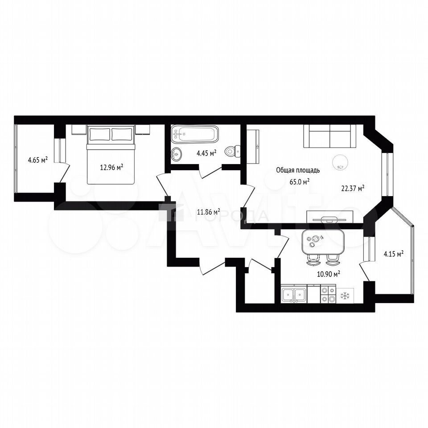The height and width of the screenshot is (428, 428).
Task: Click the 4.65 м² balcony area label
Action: (x=38, y=160)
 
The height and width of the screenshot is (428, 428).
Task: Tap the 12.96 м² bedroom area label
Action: (x=111, y=167)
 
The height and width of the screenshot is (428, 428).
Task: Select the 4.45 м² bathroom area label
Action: (x=206, y=153)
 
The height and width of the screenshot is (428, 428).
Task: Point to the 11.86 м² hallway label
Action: (x=209, y=212)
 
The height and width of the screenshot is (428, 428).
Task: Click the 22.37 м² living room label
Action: (x=353, y=188)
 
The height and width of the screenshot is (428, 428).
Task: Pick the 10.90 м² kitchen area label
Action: (x=329, y=274)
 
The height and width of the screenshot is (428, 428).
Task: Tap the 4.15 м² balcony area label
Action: (x=394, y=255)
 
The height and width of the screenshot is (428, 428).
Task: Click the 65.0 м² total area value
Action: (x=300, y=182)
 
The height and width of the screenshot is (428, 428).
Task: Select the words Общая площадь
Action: (x=298, y=170)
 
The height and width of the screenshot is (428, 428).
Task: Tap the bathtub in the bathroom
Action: (x=195, y=134)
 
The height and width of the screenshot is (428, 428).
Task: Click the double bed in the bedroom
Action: (x=111, y=155)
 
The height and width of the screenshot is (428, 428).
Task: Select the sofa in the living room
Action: (x=330, y=136)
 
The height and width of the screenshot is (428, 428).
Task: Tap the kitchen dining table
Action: (x=323, y=242)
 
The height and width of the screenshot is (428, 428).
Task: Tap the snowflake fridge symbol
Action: (x=345, y=296)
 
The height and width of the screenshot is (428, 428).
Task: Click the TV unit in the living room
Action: (x=330, y=217)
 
